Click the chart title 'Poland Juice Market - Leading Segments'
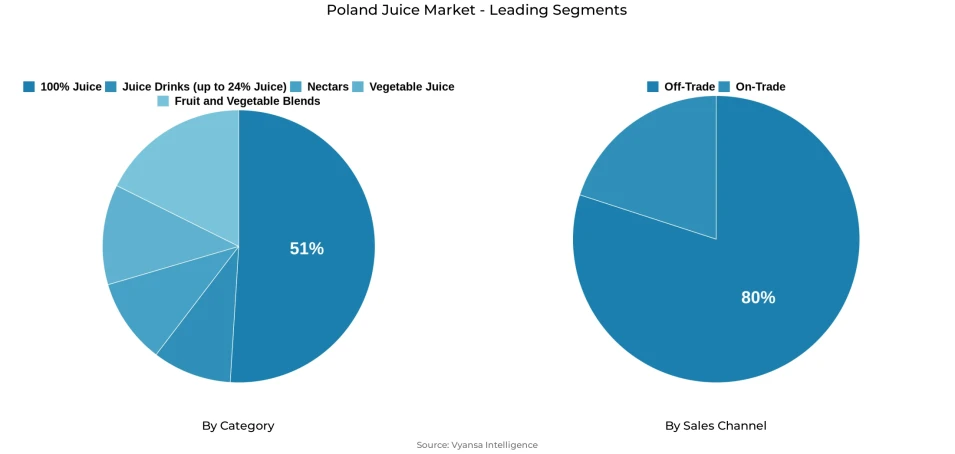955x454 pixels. click(477, 10)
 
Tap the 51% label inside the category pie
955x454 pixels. click(306, 249)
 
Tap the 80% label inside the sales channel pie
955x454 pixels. click(757, 297)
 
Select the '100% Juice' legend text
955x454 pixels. click(70, 87)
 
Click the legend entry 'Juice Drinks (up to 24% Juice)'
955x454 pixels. click(204, 87)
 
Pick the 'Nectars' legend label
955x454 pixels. click(328, 87)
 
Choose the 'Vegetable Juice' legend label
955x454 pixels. click(411, 87)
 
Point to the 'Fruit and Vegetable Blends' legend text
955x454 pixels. click(247, 101)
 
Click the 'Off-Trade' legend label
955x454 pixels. click(689, 87)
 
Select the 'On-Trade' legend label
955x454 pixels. click(760, 87)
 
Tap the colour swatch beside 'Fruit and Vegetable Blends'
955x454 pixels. click(163, 101)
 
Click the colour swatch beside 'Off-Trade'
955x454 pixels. click(653, 87)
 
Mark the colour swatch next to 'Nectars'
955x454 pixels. click(296, 87)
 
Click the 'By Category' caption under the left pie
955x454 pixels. click(238, 426)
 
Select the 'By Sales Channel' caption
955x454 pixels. click(716, 426)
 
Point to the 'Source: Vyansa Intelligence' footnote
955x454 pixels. click(477, 445)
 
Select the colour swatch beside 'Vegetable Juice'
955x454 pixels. click(358, 87)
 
